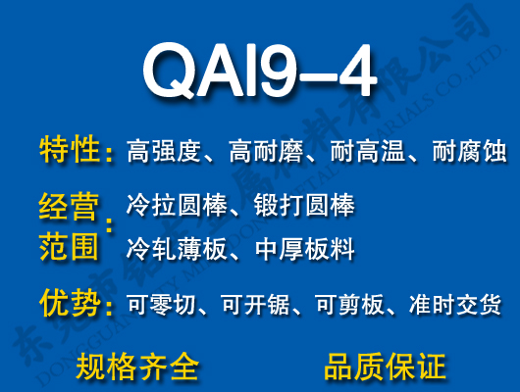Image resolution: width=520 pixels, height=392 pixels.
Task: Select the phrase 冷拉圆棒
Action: tap(173, 207)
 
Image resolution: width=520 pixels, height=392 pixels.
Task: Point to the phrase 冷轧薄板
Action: tap(173, 249)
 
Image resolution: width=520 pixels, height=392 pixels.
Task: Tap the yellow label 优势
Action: tap(70, 303)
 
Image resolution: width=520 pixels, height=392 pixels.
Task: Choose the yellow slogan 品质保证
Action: tap(385, 367)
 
